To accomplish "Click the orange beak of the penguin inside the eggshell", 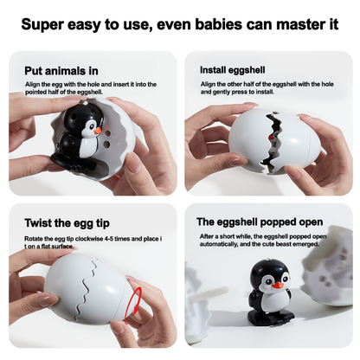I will pyautogui.click(x=98, y=131).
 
